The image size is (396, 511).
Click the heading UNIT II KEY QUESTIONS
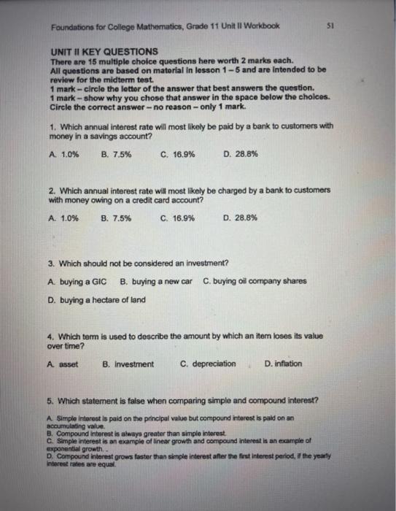tap(105, 52)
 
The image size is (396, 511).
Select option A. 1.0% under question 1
tap(63, 155)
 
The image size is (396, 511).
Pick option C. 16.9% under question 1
tap(177, 155)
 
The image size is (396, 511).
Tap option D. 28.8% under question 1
tap(240, 155)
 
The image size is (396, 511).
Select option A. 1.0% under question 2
tap(63, 218)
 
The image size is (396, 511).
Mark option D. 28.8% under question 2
tap(240, 218)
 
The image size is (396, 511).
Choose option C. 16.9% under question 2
tap(177, 218)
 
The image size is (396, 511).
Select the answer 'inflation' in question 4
tap(284, 363)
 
